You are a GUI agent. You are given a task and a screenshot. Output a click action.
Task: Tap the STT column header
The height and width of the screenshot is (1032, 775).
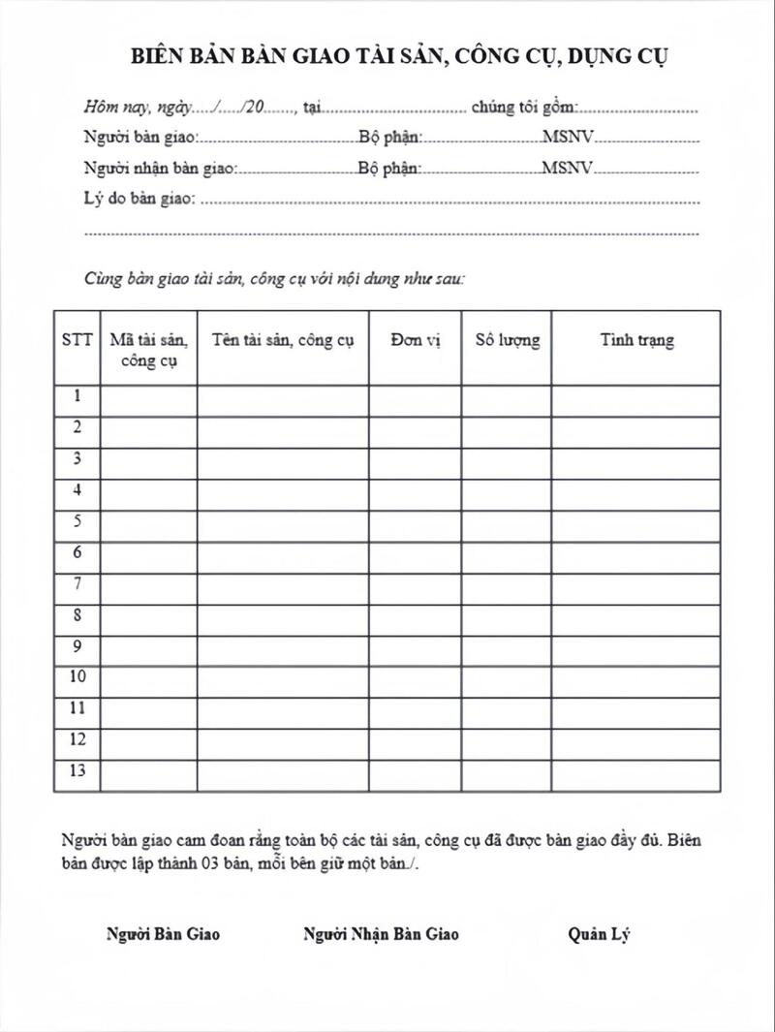[x=77, y=340]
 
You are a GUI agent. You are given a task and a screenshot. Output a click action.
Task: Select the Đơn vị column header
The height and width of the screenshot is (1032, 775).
[x=416, y=340]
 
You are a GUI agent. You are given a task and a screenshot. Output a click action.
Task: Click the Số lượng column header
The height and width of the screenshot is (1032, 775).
[x=507, y=340]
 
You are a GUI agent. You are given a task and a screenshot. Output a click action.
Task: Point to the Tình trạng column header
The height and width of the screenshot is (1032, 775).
[x=636, y=340]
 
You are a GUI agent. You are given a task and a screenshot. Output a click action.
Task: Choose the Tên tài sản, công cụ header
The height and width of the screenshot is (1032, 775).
[x=283, y=340]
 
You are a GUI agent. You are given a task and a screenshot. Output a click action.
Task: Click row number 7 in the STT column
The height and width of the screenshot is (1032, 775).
[x=77, y=583]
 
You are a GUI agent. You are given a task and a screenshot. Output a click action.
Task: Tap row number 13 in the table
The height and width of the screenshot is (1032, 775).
[x=77, y=771]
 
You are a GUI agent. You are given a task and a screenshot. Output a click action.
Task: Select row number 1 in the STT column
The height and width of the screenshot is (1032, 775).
[x=77, y=396]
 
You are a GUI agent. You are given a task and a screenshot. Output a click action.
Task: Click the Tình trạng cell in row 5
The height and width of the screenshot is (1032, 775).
[x=636, y=521]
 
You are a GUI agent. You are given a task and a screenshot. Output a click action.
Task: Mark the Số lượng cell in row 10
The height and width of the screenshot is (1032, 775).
[x=507, y=677]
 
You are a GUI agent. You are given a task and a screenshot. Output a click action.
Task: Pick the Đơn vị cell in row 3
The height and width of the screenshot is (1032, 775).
[x=416, y=458]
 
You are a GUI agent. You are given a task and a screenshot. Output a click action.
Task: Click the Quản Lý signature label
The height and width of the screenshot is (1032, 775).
[x=601, y=934]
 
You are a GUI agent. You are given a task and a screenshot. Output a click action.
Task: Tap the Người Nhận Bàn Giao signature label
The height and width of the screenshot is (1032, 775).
[x=381, y=934]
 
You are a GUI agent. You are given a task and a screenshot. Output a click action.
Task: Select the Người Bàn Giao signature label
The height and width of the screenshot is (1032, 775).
[x=163, y=934]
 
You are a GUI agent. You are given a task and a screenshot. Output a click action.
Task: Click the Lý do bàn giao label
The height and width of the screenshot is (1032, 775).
[x=139, y=200]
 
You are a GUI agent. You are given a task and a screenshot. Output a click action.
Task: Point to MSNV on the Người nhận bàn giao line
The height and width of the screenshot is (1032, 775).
[x=567, y=168]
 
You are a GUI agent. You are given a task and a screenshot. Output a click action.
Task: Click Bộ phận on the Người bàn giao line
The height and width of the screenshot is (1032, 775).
[x=389, y=138]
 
